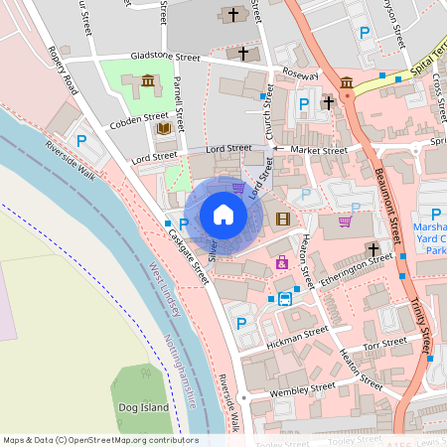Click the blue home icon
(223, 215)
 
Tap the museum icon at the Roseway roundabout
(347, 81)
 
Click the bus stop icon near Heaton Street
(285, 298)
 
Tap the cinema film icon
(284, 219)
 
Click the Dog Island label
(143, 405)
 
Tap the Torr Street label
(385, 345)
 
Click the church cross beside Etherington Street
(372, 247)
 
